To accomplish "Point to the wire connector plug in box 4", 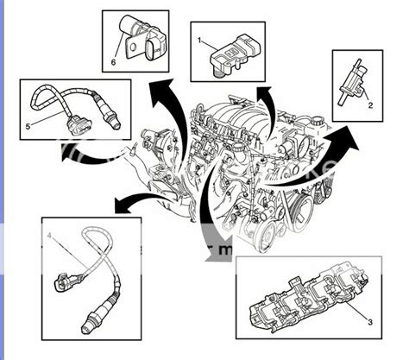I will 64,281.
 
